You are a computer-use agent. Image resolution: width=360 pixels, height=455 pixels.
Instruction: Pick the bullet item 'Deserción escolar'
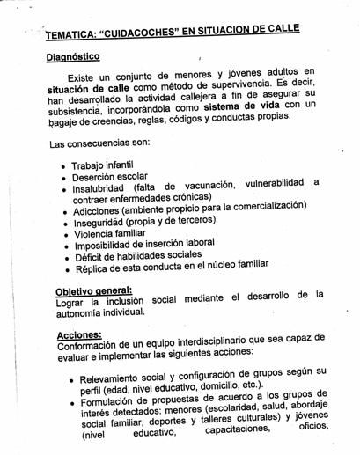109,177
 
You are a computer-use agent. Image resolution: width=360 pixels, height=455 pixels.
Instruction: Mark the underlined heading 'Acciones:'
78,334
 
